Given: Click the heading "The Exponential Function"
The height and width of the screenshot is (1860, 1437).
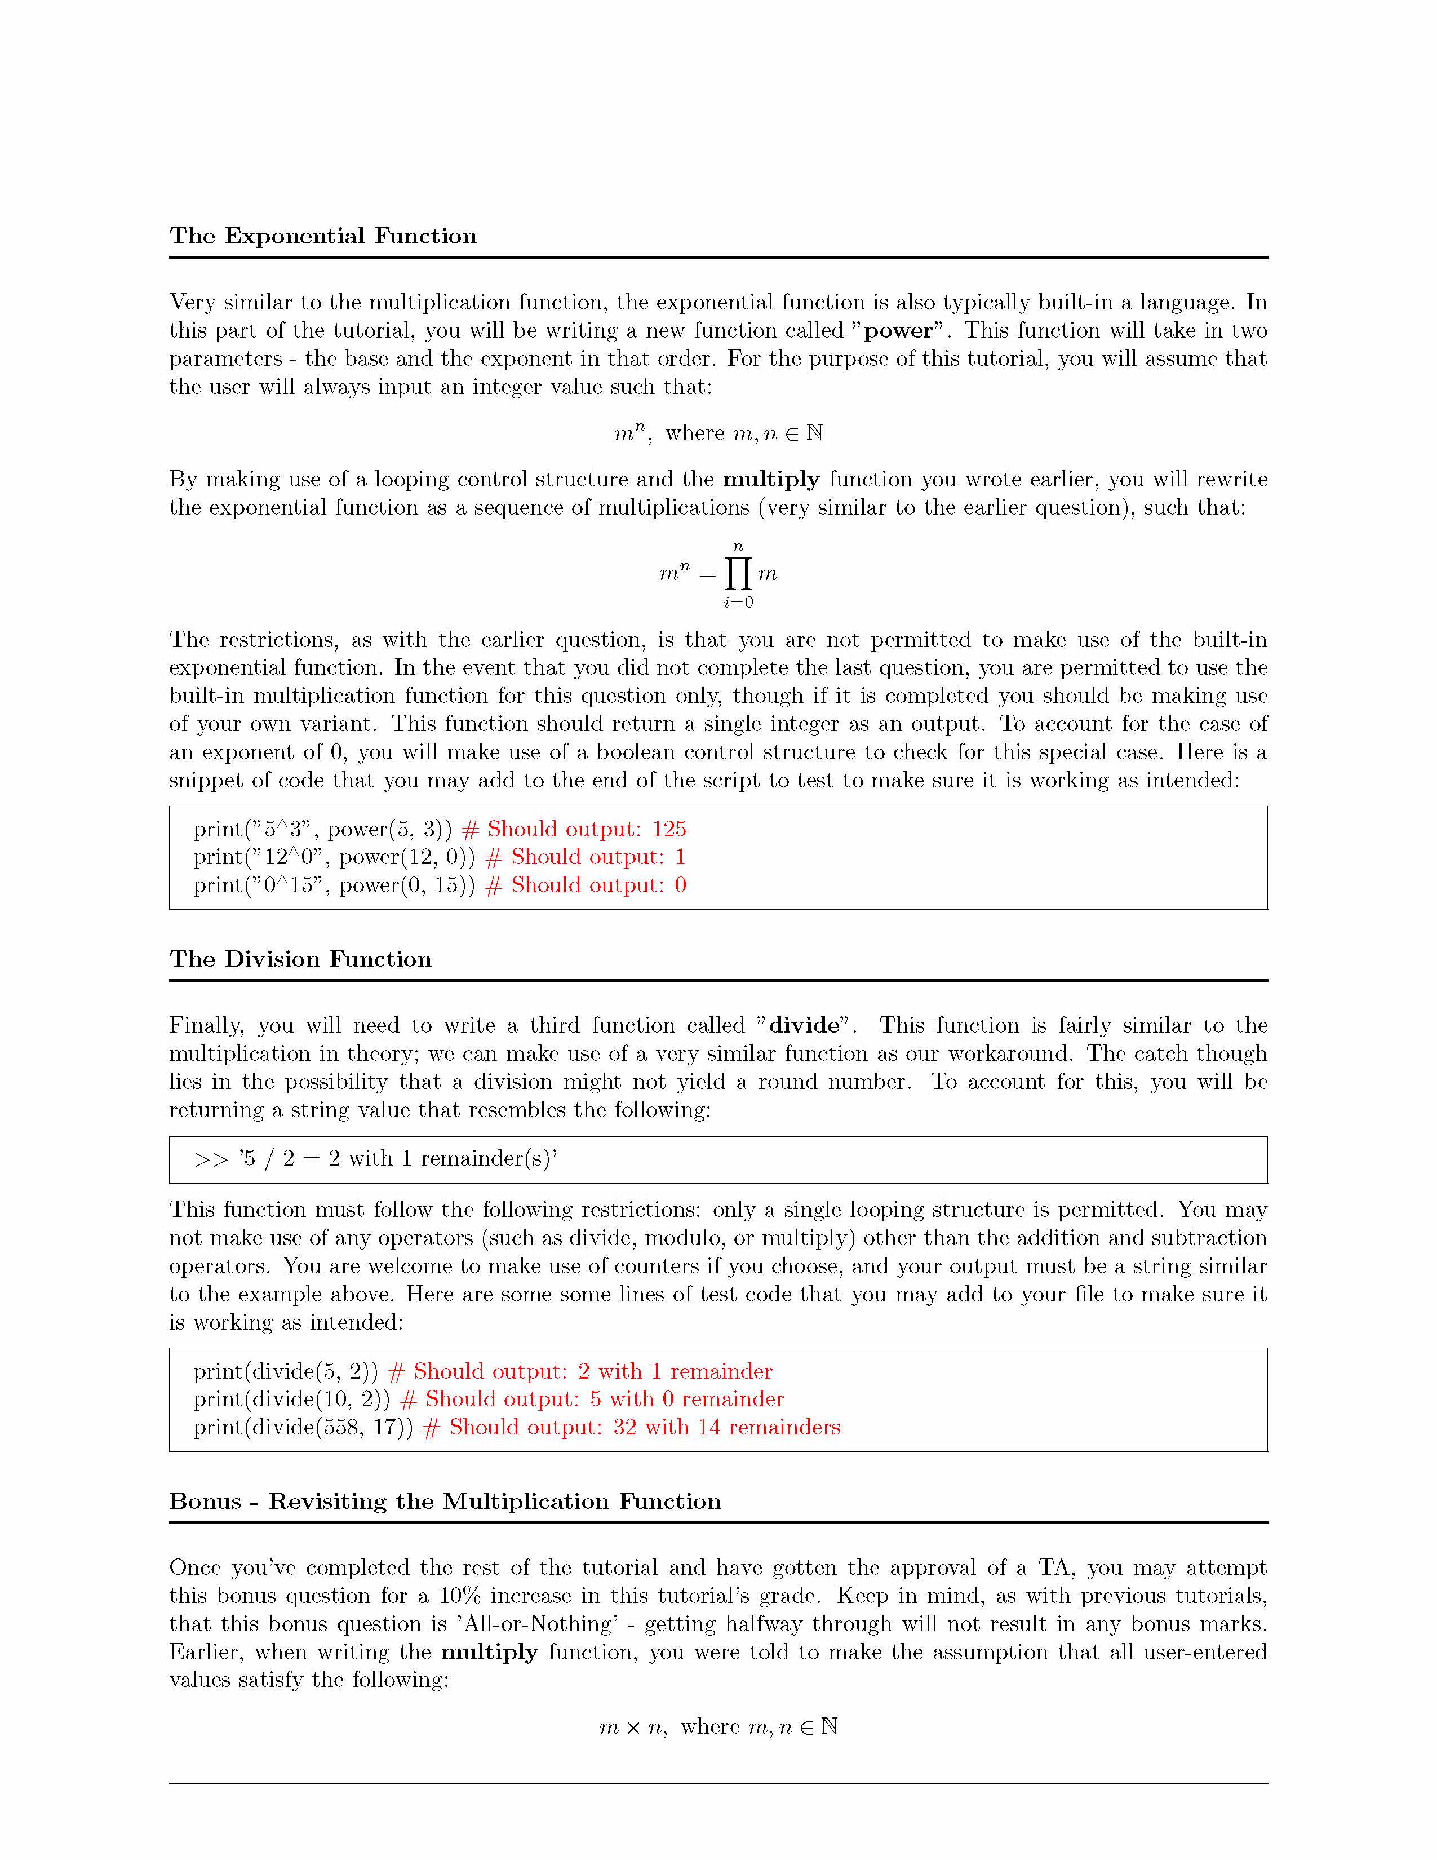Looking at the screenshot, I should [x=323, y=236].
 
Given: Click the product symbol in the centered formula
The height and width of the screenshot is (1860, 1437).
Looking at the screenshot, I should [x=738, y=574].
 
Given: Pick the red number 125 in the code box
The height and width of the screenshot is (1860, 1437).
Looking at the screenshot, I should [x=669, y=830].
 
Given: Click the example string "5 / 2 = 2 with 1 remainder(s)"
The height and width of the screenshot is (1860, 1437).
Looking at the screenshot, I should [x=397, y=1159].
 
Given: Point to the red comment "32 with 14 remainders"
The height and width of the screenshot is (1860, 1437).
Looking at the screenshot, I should [x=726, y=1427].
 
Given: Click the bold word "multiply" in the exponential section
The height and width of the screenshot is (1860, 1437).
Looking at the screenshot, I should [x=770, y=480].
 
